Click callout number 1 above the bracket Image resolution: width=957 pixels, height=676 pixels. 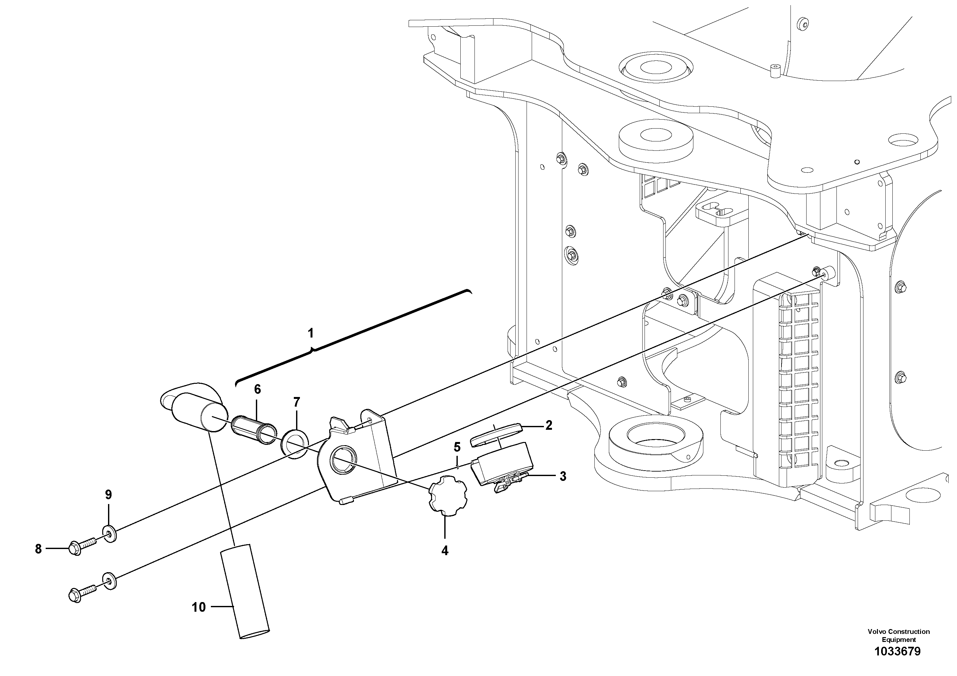(x=311, y=333)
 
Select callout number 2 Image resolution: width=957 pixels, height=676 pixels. (x=548, y=426)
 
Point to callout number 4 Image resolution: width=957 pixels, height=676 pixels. (x=445, y=551)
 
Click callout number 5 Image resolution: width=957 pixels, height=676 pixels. (x=457, y=447)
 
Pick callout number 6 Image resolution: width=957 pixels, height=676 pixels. (x=257, y=390)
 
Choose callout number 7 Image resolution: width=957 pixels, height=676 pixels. (x=296, y=402)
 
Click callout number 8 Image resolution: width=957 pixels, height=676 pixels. (x=38, y=549)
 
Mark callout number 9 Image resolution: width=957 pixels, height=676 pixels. (x=108, y=495)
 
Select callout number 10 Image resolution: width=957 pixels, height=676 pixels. (x=199, y=607)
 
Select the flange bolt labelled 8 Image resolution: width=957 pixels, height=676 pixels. (x=82, y=546)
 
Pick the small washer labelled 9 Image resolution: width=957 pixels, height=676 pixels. (x=110, y=534)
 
